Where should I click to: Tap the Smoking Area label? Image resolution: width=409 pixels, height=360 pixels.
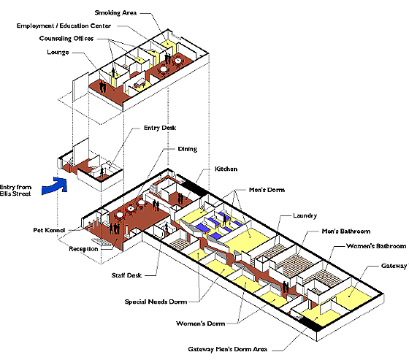point(115,13)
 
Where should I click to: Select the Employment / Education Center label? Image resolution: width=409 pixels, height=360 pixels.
point(64,26)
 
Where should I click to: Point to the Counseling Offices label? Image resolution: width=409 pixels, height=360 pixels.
point(66,39)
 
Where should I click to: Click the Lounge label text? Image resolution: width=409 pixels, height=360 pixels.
point(58,52)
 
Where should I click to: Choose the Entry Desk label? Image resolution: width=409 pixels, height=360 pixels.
point(160,128)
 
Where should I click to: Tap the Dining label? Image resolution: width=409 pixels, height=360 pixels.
point(187,149)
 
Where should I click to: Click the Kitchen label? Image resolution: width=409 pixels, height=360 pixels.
point(226,169)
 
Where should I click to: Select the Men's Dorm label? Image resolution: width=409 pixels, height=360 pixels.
point(267,190)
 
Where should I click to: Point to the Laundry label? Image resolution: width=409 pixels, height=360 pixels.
point(305,215)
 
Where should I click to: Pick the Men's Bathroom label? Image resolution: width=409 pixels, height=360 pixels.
point(346,231)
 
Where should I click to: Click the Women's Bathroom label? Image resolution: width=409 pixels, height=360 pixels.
point(376,246)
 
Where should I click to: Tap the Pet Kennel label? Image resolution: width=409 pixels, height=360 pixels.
point(49,230)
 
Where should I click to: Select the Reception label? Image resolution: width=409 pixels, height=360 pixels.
point(83,249)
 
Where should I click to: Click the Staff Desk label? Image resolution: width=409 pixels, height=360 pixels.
point(126,275)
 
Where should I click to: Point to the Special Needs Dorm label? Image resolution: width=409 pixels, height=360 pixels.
point(156,302)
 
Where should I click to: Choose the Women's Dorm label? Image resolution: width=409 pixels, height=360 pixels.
point(201,323)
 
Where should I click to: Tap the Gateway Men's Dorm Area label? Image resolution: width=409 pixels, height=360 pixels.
point(227,349)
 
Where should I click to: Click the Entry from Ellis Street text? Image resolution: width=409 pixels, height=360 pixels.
point(15,191)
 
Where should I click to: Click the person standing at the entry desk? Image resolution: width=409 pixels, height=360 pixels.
point(102,172)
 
